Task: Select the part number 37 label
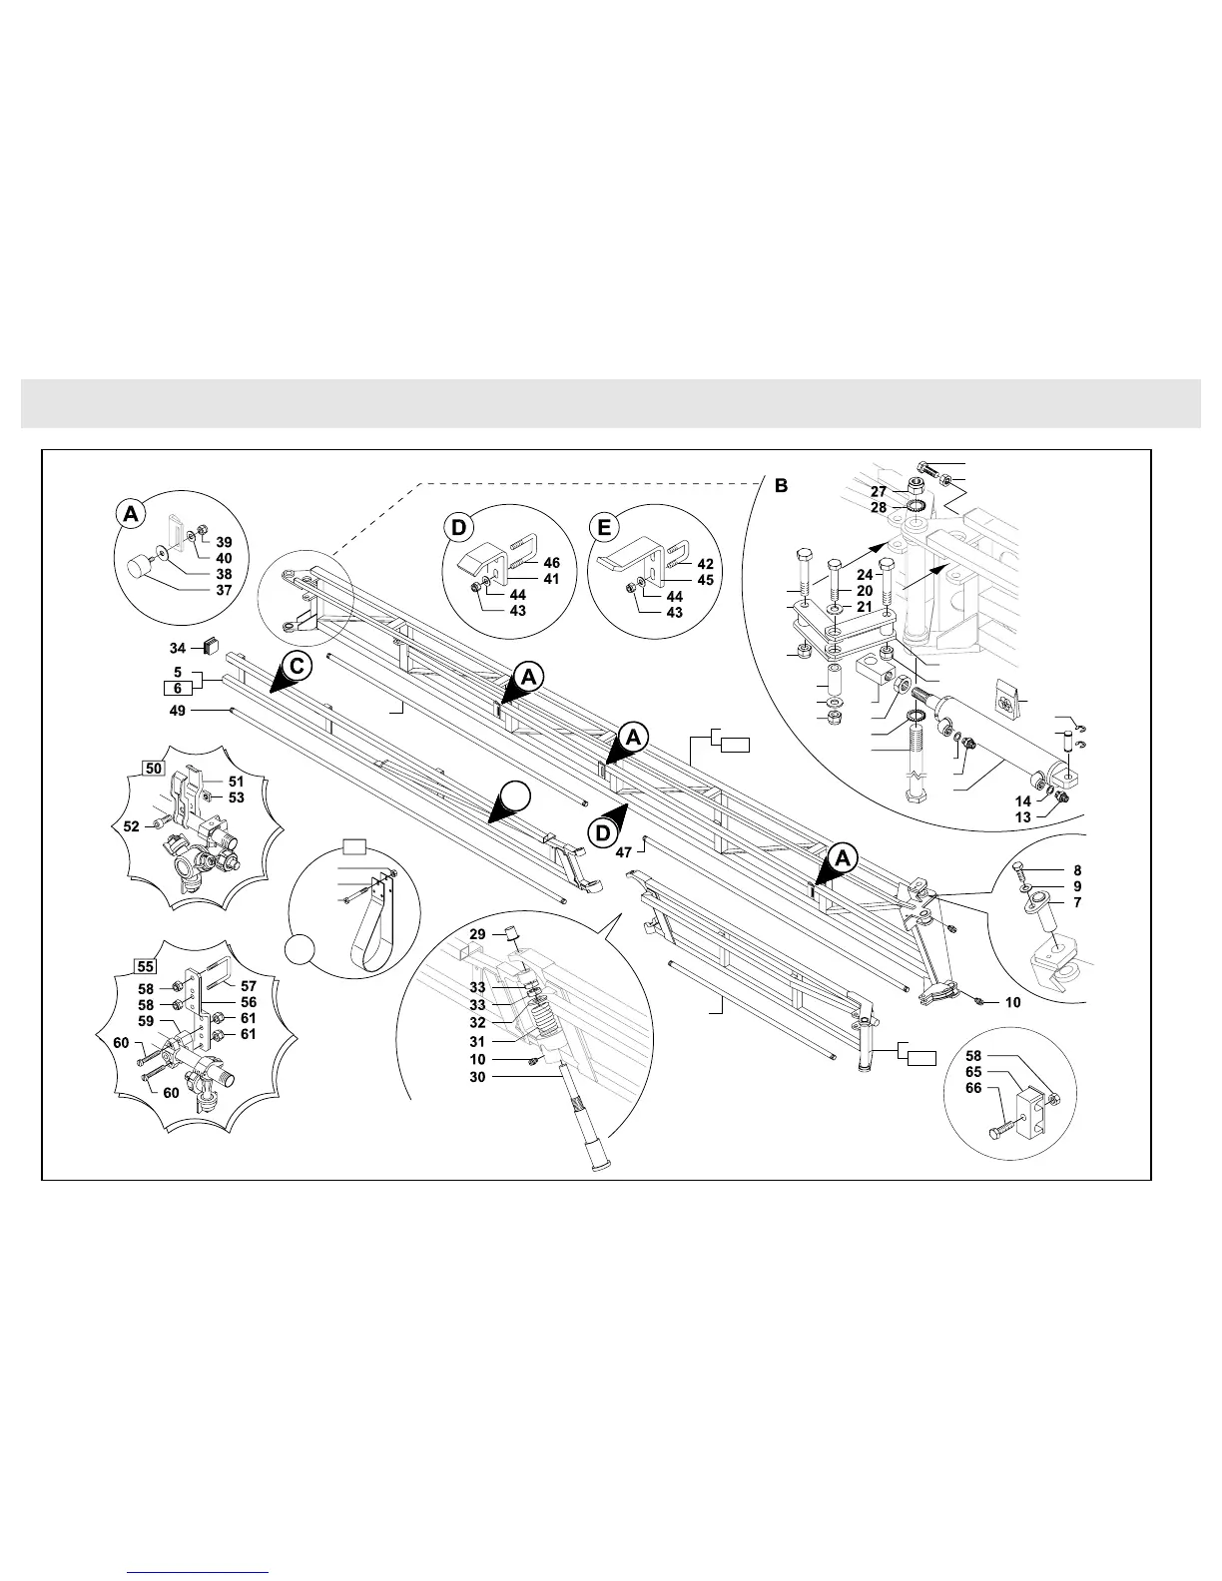(224, 589)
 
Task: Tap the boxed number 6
(177, 688)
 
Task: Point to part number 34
(178, 648)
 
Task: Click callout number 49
(178, 711)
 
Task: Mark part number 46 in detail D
(551, 563)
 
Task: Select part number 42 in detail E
(705, 564)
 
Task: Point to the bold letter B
(781, 486)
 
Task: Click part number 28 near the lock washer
(879, 508)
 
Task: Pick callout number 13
(1023, 817)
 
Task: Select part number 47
(623, 851)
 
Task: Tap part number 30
(477, 1077)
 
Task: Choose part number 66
(973, 1089)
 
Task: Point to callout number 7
(1077, 902)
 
